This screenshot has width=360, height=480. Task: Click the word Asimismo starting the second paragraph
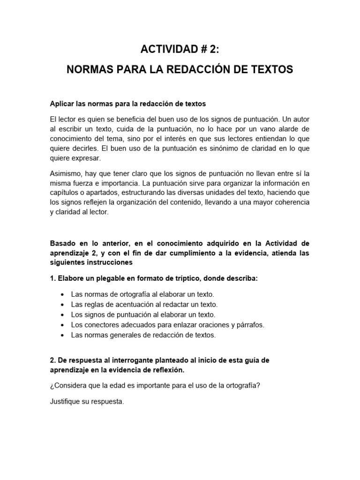click(x=66, y=173)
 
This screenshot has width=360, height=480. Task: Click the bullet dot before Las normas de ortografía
click(x=62, y=294)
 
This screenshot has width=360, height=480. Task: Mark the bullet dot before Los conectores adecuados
click(x=62, y=325)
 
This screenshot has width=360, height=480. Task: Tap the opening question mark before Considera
click(x=51, y=386)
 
